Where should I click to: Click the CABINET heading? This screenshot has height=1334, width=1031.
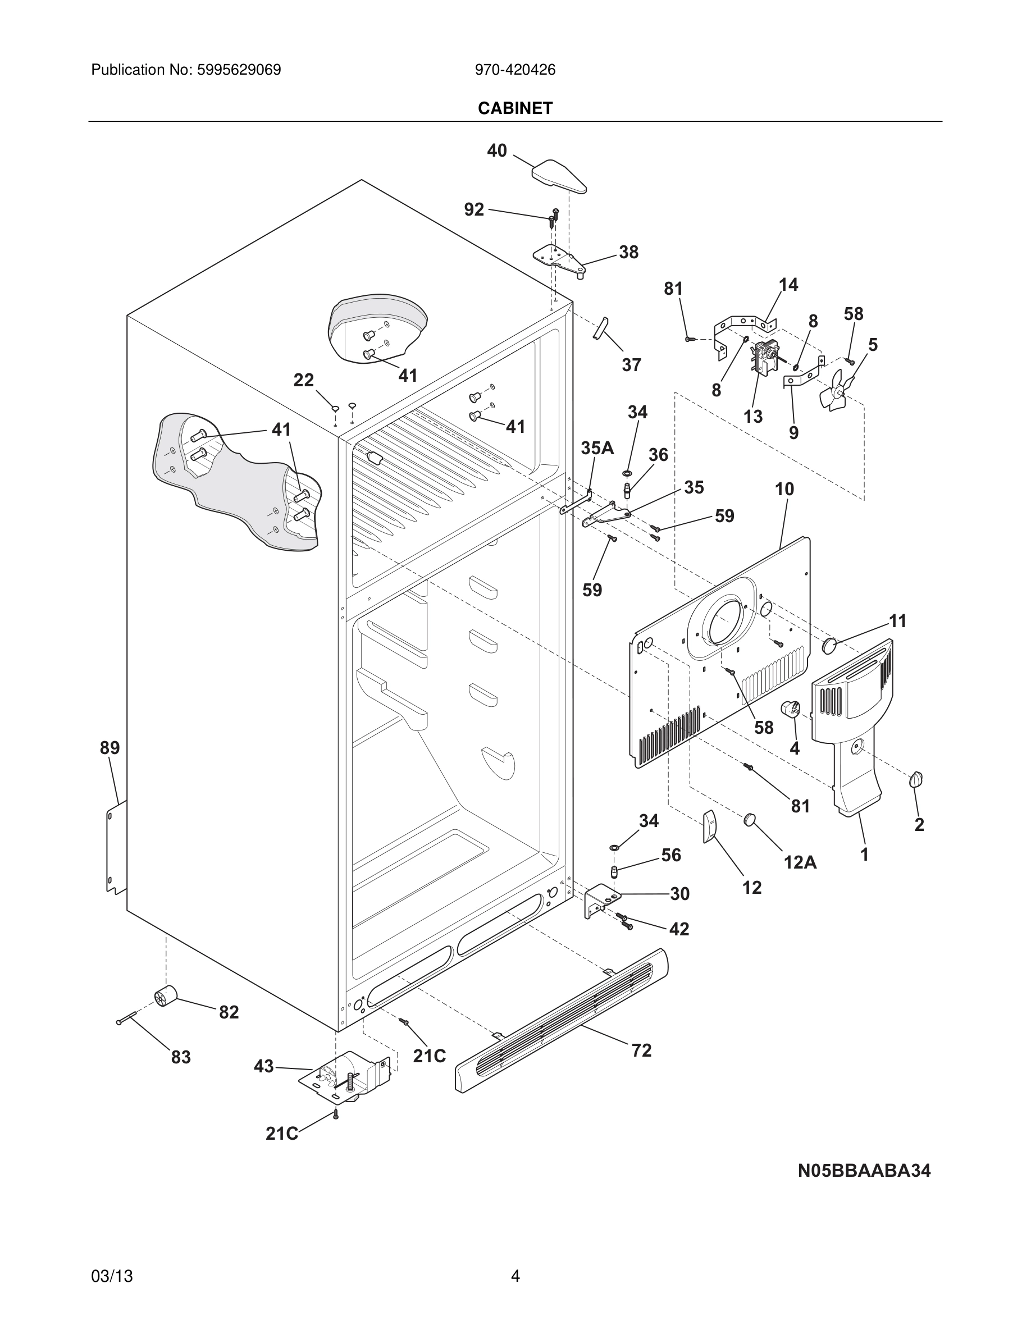[515, 108]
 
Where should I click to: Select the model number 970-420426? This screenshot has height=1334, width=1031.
[515, 70]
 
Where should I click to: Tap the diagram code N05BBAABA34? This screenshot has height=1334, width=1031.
[864, 1170]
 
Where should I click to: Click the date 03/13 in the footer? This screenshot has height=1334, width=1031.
[112, 1276]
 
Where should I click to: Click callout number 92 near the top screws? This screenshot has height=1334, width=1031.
[474, 209]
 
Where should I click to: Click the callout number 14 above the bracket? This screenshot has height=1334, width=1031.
[788, 285]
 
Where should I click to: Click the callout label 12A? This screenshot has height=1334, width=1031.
[800, 862]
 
